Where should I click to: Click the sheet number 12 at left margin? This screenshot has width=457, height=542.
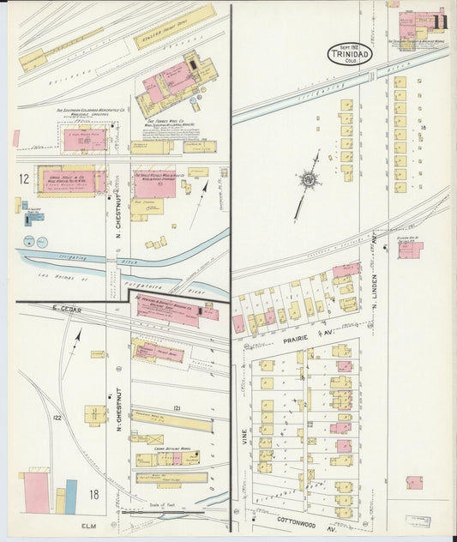click(25, 178)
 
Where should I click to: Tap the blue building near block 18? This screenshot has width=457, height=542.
click(71, 496)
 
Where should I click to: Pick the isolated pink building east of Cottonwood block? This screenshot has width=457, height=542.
click(414, 483)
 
